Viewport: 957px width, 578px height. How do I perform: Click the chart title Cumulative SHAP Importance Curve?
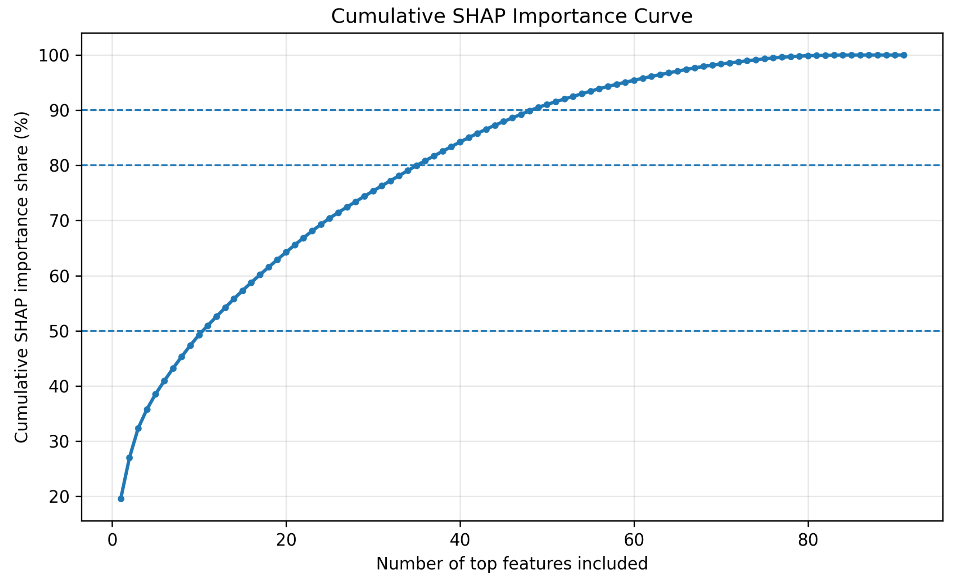click(x=512, y=17)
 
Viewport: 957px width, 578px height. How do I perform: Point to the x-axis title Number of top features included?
click(x=512, y=564)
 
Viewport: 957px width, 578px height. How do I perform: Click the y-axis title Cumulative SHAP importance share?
click(x=21, y=277)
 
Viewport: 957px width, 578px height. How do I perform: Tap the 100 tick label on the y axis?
click(x=54, y=56)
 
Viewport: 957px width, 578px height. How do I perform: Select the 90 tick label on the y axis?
click(x=59, y=111)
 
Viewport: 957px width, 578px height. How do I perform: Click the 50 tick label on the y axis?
click(x=59, y=332)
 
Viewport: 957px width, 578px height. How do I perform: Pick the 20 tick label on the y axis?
click(x=59, y=497)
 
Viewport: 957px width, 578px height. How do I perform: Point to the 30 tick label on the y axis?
click(x=59, y=442)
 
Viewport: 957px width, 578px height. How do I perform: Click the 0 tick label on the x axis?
click(x=112, y=540)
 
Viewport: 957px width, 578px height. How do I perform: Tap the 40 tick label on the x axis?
click(x=460, y=540)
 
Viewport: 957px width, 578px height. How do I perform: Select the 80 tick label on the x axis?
click(x=808, y=540)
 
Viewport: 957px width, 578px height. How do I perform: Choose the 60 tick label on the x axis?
click(x=634, y=540)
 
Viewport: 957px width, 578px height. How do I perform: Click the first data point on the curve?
click(x=121, y=499)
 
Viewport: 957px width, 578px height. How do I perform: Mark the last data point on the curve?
click(x=904, y=55)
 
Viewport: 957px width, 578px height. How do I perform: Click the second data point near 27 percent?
click(x=130, y=458)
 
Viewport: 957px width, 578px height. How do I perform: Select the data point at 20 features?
click(x=286, y=252)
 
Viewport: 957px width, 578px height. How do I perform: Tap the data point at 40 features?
click(x=460, y=142)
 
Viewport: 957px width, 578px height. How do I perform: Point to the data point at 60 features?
click(x=634, y=81)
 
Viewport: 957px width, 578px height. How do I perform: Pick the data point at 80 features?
click(x=808, y=56)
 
